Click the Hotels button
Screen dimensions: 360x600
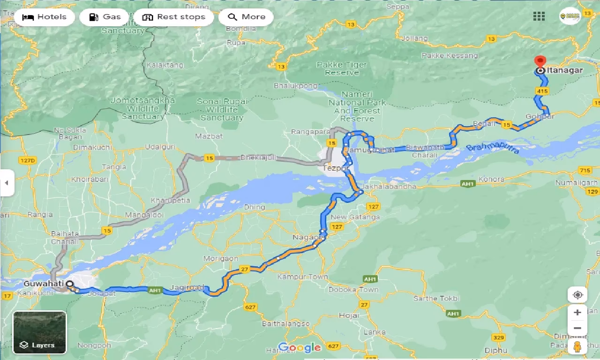tap(44, 17)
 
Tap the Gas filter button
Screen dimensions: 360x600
tap(105, 17)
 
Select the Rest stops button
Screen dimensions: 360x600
tap(174, 17)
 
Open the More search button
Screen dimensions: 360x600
tap(246, 17)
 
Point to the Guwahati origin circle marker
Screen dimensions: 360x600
tap(70, 284)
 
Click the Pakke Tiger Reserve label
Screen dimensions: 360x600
tap(342, 68)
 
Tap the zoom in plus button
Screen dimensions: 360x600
tap(577, 313)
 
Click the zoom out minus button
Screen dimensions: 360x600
tap(577, 328)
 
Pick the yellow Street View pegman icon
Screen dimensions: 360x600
tap(577, 347)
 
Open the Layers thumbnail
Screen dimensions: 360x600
tap(40, 332)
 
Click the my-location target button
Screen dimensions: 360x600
tap(577, 295)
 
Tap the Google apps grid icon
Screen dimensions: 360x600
tap(539, 16)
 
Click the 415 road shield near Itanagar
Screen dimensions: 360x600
tap(543, 90)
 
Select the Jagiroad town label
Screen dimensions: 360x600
tap(187, 287)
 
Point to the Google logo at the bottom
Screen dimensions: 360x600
tap(299, 347)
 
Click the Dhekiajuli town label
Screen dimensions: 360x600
tap(259, 158)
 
